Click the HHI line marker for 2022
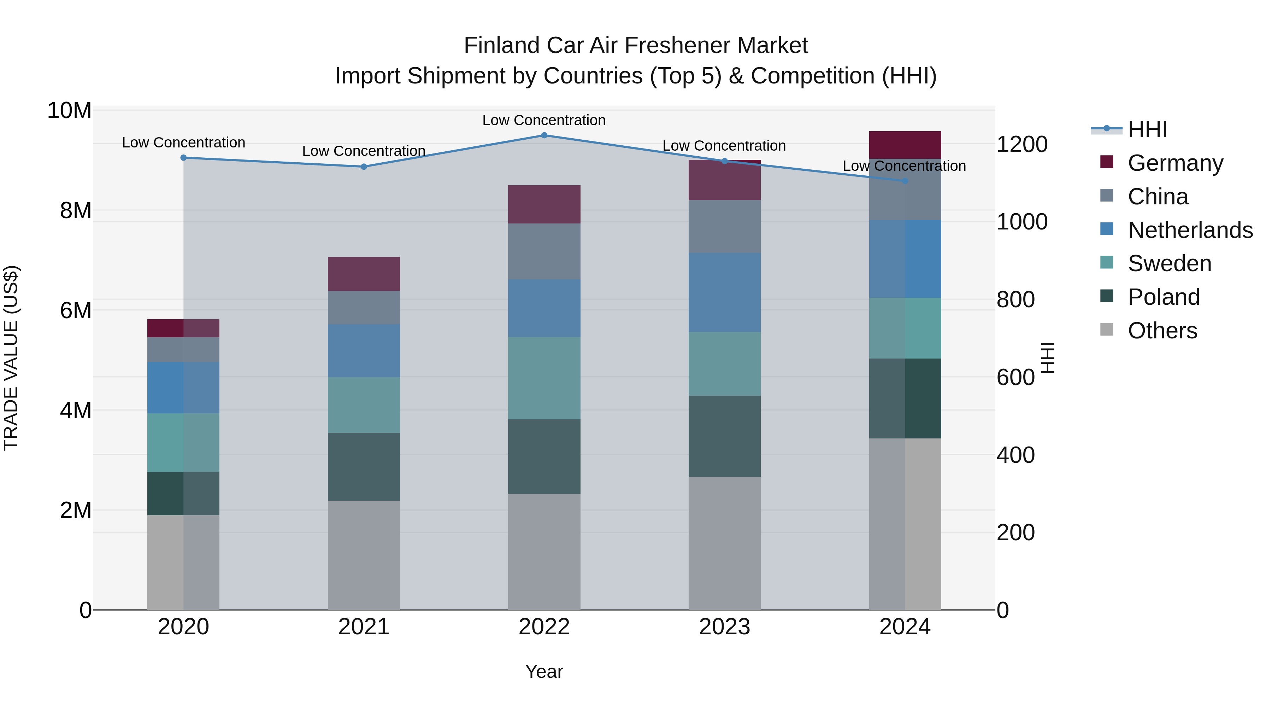[x=544, y=135]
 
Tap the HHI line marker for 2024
[x=905, y=181]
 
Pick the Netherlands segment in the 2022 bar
[x=544, y=308]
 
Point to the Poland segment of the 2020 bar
[x=183, y=493]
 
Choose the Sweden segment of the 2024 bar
[x=905, y=328]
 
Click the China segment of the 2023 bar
[x=724, y=226]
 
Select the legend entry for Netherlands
[x=1190, y=230]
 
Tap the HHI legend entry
[x=1147, y=129]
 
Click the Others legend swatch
[x=1107, y=330]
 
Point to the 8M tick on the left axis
[x=76, y=210]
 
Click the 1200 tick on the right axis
[x=1021, y=144]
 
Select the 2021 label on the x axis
[x=364, y=627]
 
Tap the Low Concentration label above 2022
[x=544, y=120]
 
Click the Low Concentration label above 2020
[x=183, y=142]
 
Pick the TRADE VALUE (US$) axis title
[x=11, y=358]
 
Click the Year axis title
[x=544, y=671]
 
